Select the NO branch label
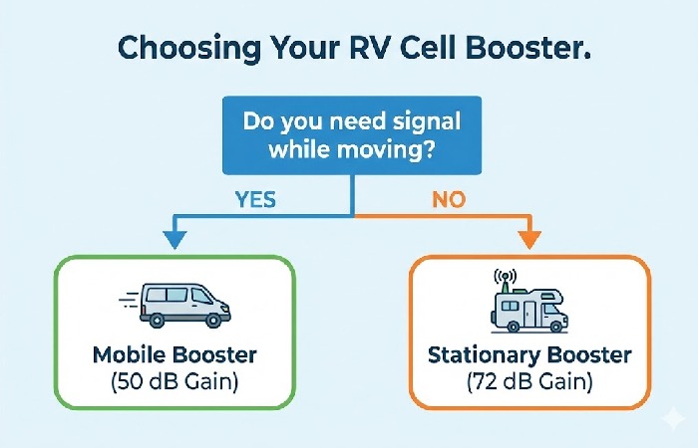447,199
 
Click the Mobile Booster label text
175,354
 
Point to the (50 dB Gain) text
175,381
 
